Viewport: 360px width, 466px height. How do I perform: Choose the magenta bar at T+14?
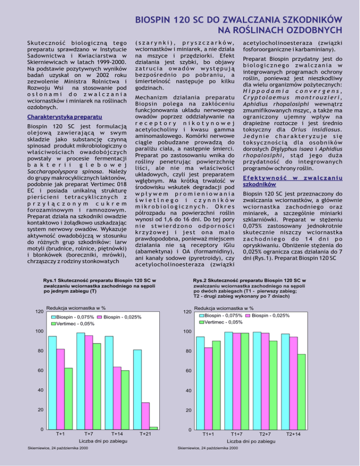point(117,398)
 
